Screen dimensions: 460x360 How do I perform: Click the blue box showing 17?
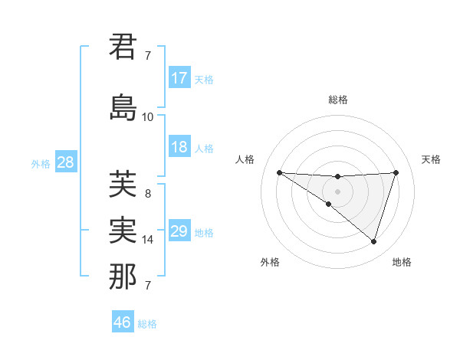(179, 78)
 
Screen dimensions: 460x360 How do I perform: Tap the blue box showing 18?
(179, 147)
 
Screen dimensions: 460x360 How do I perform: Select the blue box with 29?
(179, 231)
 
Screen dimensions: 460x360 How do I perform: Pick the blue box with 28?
(65, 162)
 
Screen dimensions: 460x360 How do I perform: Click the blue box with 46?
(123, 322)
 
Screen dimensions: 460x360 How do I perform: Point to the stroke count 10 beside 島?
(147, 117)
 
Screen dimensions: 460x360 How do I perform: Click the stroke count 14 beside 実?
(147, 240)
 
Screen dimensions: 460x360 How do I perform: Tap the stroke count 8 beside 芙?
(147, 194)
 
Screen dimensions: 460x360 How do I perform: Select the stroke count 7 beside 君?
(147, 56)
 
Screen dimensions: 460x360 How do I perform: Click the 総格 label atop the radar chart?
(338, 100)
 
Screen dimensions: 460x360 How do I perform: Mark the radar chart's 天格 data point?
(396, 172)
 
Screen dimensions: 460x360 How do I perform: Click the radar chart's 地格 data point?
(373, 241)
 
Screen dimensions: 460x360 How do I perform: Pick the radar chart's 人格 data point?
(279, 172)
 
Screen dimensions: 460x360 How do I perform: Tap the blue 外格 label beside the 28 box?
(41, 163)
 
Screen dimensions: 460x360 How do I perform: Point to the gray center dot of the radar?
(337, 191)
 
